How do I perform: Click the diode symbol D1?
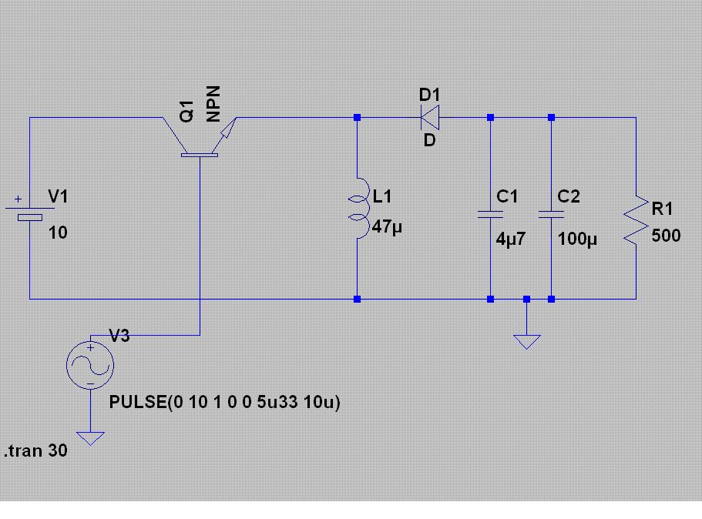pyautogui.click(x=430, y=117)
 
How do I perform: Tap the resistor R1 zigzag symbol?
pyautogui.click(x=637, y=220)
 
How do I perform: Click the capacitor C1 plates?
pyautogui.click(x=490, y=214)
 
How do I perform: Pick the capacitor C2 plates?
pyautogui.click(x=551, y=214)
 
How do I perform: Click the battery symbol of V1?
pyautogui.click(x=29, y=213)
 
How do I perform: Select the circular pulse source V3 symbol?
pyautogui.click(x=90, y=365)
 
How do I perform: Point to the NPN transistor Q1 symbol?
pyautogui.click(x=200, y=137)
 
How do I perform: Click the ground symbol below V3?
pyautogui.click(x=90, y=438)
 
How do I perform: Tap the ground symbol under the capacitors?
pyautogui.click(x=527, y=341)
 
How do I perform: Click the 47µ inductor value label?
pyautogui.click(x=387, y=227)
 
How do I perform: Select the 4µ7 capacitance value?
pyautogui.click(x=510, y=239)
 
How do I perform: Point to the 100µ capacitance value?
pyautogui.click(x=577, y=239)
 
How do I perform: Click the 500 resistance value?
pyautogui.click(x=666, y=236)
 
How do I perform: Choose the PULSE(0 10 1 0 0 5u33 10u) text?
pyautogui.click(x=225, y=402)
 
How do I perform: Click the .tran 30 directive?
pyautogui.click(x=35, y=450)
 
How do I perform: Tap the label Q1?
pyautogui.click(x=187, y=111)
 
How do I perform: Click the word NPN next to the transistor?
pyautogui.click(x=213, y=104)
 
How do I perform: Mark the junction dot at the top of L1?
pyautogui.click(x=357, y=117)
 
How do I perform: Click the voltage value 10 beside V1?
pyautogui.click(x=58, y=233)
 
